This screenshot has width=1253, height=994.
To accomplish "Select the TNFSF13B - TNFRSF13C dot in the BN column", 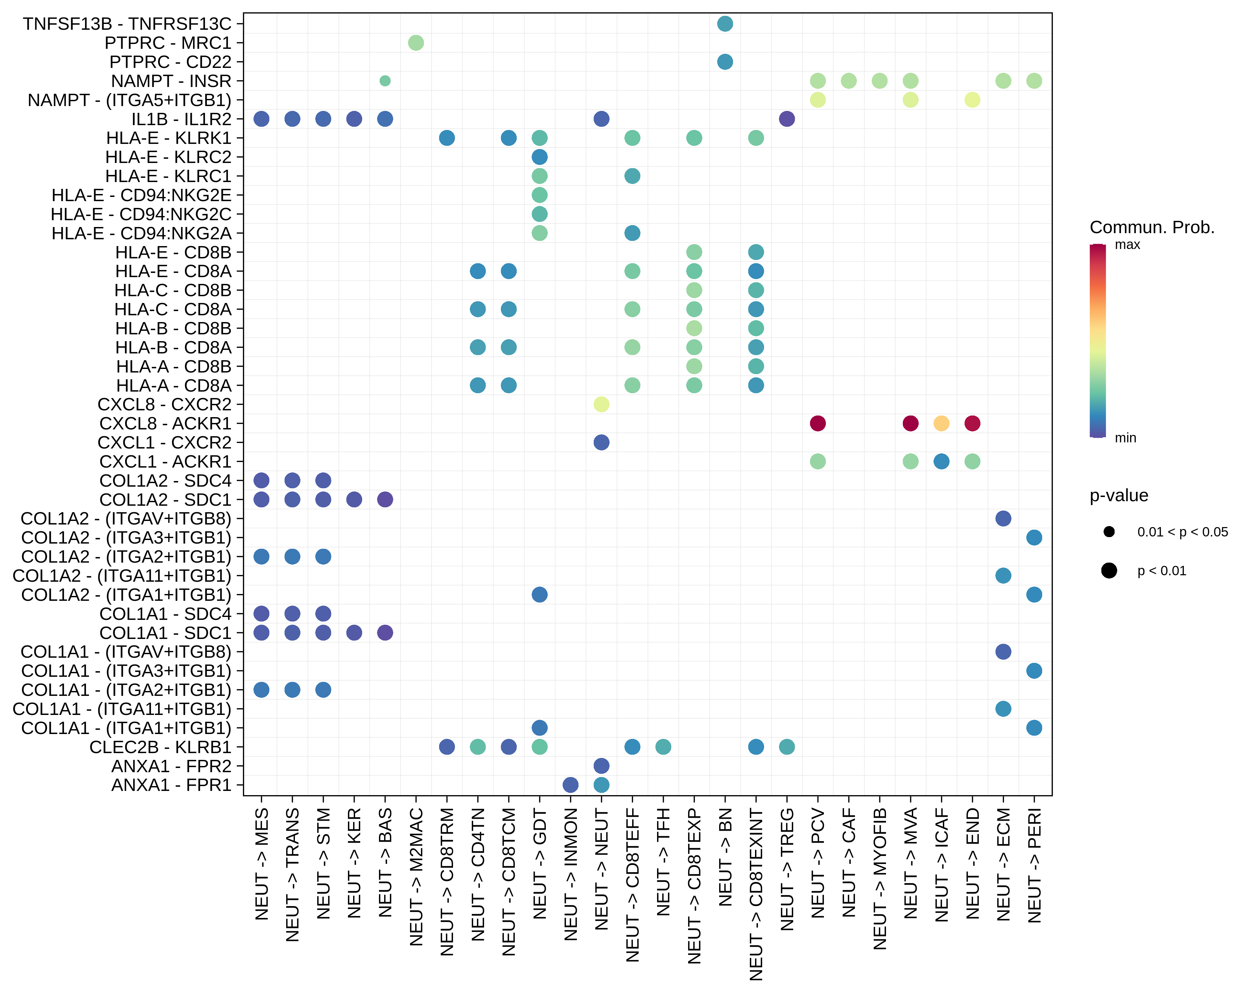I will coord(725,24).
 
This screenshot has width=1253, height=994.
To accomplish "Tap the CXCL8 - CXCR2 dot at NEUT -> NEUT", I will coord(601,404).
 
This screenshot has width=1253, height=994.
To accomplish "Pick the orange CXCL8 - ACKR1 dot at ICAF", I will coord(942,423).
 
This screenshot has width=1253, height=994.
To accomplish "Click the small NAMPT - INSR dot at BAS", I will coord(385,81).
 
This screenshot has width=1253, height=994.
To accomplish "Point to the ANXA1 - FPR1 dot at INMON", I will coord(571,785).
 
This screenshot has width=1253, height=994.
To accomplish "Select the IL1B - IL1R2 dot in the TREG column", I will coord(787,119).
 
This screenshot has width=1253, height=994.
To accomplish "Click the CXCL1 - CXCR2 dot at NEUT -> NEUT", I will coord(601,442).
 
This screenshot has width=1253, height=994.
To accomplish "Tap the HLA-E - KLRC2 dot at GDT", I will coord(539,157).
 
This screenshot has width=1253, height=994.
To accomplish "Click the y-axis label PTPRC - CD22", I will coord(170,62).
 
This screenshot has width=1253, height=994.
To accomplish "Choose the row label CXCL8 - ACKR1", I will coord(165,423).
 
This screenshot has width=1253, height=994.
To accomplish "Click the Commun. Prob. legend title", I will coord(1152,227).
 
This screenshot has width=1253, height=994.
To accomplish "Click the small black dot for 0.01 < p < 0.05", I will coord(1109,531).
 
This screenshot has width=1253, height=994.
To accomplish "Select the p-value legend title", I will coord(1119,495).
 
